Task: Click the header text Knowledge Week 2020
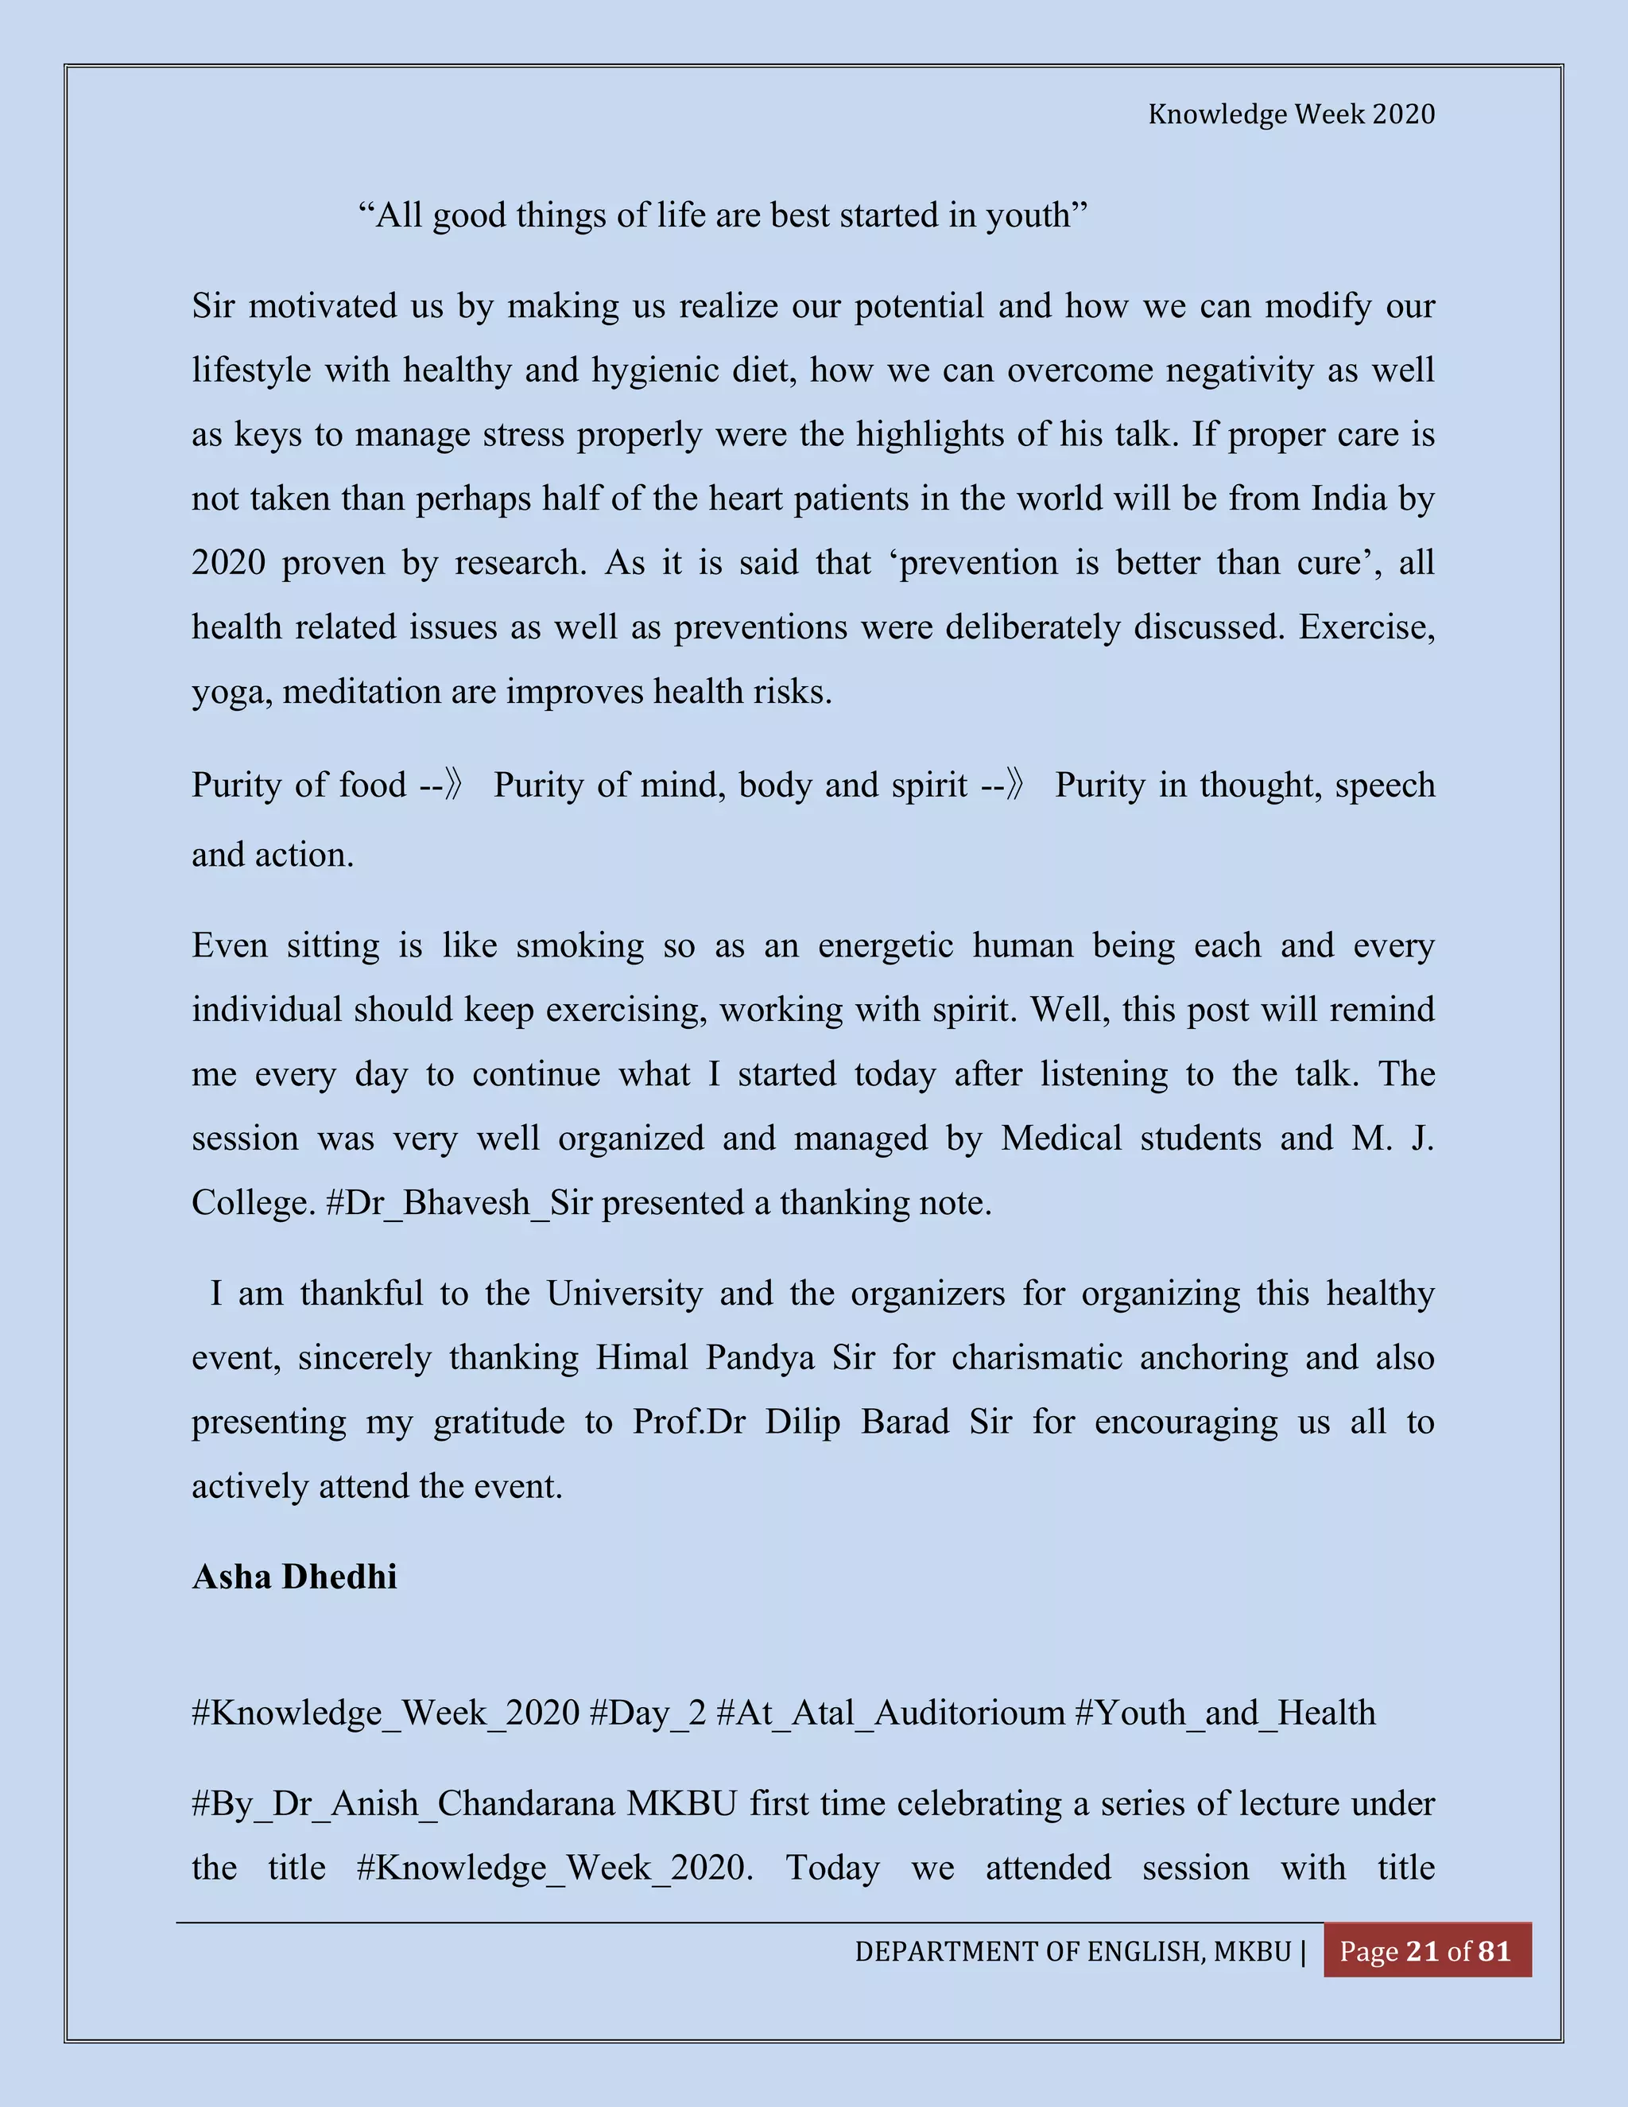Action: [1290, 114]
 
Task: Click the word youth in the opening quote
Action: [1036, 215]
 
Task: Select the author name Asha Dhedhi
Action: [294, 1577]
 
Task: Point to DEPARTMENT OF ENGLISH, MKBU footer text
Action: [1072, 1952]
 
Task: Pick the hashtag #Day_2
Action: [647, 1713]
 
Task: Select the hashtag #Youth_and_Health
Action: [1225, 1713]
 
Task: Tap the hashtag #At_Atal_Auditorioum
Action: [890, 1713]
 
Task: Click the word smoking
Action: [579, 945]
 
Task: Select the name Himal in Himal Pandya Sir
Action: [642, 1357]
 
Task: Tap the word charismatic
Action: [1037, 1357]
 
